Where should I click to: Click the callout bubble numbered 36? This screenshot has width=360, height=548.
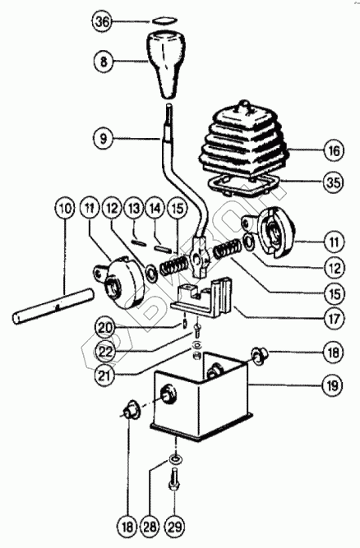pyautogui.click(x=103, y=21)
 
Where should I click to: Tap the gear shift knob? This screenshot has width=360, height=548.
pyautogui.click(x=165, y=64)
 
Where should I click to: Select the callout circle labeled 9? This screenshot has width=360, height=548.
pyautogui.click(x=104, y=139)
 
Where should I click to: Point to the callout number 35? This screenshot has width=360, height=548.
pyautogui.click(x=334, y=182)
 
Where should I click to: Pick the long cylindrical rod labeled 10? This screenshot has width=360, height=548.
pyautogui.click(x=53, y=306)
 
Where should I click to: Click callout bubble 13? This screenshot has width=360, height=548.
pyautogui.click(x=134, y=209)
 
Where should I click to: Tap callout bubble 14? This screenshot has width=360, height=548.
pyautogui.click(x=155, y=209)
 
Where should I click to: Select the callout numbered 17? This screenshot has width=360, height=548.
pyautogui.click(x=335, y=319)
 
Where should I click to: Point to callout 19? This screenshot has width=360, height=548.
pyautogui.click(x=333, y=386)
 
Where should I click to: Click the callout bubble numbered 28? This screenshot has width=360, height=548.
pyautogui.click(x=150, y=527)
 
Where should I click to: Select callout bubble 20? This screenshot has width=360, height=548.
pyautogui.click(x=106, y=328)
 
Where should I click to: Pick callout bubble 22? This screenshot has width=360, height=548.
pyautogui.click(x=106, y=352)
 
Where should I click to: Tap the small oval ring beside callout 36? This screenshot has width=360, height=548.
pyautogui.click(x=164, y=21)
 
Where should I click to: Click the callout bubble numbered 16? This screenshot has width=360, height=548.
pyautogui.click(x=334, y=151)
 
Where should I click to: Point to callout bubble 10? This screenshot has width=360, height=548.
pyautogui.click(x=65, y=209)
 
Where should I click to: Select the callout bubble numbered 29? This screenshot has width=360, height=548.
pyautogui.click(x=174, y=527)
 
